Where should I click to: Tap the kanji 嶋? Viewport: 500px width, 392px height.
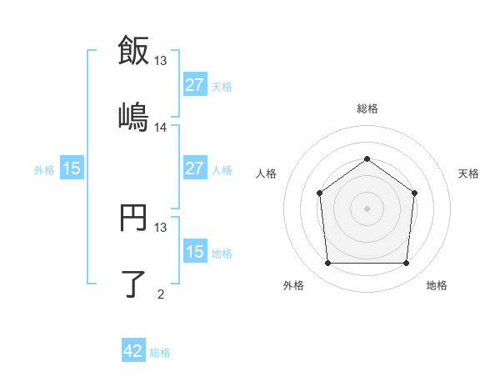pyautogui.click(x=134, y=117)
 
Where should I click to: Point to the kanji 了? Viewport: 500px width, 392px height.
pyautogui.click(x=134, y=284)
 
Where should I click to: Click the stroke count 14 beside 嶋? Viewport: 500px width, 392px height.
pyautogui.click(x=161, y=127)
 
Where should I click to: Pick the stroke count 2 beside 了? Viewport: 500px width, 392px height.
pyautogui.click(x=161, y=294)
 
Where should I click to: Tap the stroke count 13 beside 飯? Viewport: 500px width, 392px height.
pyautogui.click(x=161, y=60)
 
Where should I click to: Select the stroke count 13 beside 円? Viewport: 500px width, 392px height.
pyautogui.click(x=161, y=227)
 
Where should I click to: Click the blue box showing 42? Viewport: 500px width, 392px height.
pyautogui.click(x=133, y=351)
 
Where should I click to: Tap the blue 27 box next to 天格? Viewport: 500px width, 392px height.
pyautogui.click(x=194, y=84)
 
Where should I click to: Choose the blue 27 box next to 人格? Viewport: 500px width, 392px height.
pyautogui.click(x=194, y=168)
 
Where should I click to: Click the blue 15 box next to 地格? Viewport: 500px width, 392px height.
pyautogui.click(x=194, y=252)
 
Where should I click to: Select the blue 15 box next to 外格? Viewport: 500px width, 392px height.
pyautogui.click(x=72, y=168)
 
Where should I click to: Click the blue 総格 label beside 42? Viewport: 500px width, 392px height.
pyautogui.click(x=160, y=353)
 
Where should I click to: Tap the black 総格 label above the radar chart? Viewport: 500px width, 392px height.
pyautogui.click(x=367, y=108)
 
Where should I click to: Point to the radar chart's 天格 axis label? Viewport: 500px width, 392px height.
pyautogui.click(x=468, y=173)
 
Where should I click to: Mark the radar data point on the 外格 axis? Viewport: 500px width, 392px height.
pyautogui.click(x=327, y=264)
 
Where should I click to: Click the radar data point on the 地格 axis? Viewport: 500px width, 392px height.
pyautogui.click(x=406, y=264)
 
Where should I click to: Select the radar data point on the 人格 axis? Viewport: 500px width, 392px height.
pyautogui.click(x=320, y=193)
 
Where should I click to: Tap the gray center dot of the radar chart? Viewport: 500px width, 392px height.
pyautogui.click(x=367, y=209)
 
